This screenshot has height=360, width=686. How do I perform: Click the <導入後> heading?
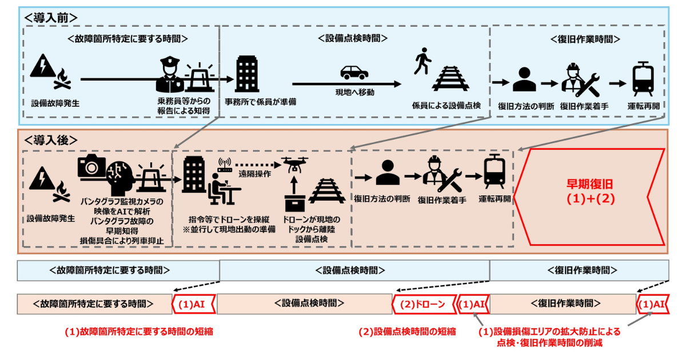click(x=50, y=140)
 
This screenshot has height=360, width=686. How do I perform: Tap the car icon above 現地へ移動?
click(x=354, y=73)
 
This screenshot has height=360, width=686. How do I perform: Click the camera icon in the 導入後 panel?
click(x=91, y=167)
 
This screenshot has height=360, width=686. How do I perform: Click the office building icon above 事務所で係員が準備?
click(x=247, y=74)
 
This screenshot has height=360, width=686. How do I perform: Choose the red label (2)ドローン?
click(x=422, y=304)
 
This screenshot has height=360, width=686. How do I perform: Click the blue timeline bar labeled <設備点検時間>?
click(x=354, y=270)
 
